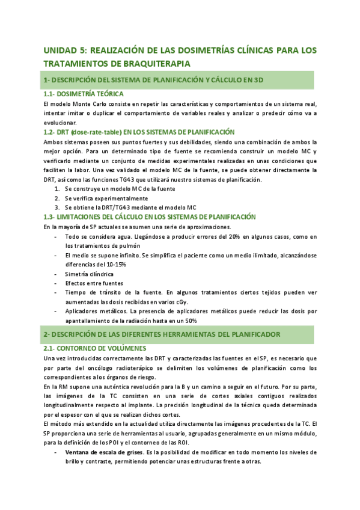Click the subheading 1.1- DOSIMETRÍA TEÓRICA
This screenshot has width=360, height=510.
point(84,94)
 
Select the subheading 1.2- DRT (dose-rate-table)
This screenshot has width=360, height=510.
point(90,132)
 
